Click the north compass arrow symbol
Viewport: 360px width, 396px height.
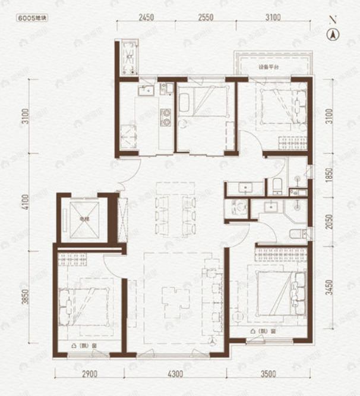(x=333, y=35)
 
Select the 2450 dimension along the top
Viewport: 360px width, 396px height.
(x=146, y=18)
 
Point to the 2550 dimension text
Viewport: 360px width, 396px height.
(x=206, y=18)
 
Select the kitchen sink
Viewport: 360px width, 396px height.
(x=146, y=90)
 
